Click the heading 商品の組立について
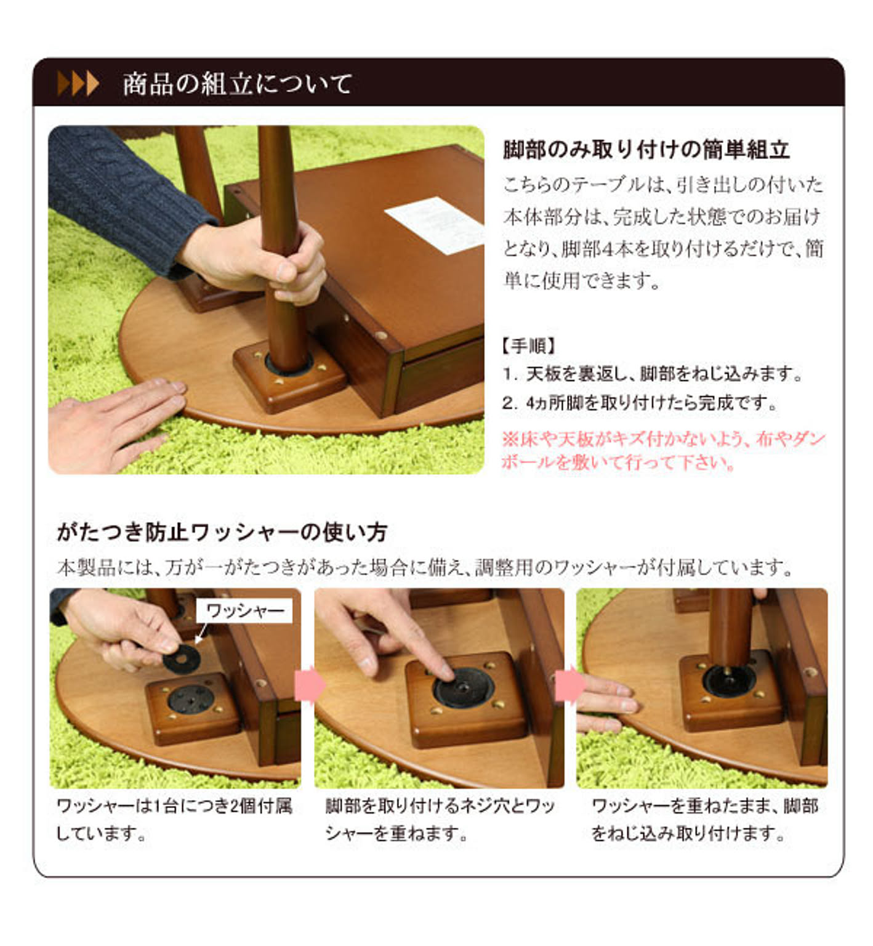click(x=237, y=84)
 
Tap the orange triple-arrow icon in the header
click(x=78, y=83)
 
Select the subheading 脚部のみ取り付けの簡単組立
click(x=646, y=150)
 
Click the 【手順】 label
click(x=529, y=346)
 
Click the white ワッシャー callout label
click(x=245, y=610)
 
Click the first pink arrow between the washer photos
click(x=310, y=685)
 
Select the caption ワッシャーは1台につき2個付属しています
click(x=174, y=819)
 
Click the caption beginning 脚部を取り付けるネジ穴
click(x=440, y=819)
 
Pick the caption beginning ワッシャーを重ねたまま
click(x=704, y=819)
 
